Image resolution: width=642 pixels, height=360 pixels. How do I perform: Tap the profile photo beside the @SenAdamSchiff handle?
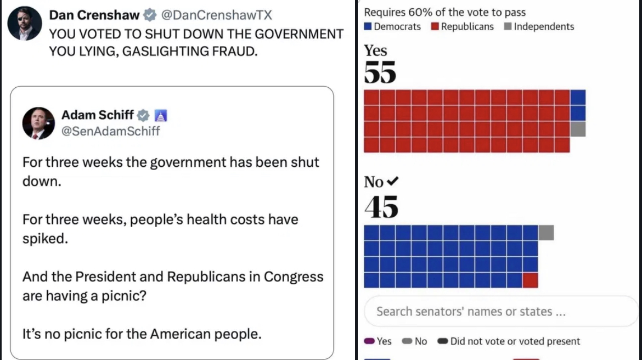tap(38, 123)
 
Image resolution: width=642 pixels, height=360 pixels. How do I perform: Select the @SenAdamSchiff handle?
tap(111, 131)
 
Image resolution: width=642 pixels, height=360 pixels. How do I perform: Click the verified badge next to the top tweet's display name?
tap(148, 15)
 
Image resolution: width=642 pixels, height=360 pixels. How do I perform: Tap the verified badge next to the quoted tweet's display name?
tap(143, 115)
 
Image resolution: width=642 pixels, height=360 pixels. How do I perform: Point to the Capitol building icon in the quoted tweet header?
tap(161, 115)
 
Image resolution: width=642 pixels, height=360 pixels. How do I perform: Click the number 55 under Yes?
tap(380, 73)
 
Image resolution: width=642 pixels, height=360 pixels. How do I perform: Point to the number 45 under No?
tap(381, 207)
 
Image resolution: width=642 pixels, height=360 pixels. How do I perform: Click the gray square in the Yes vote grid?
tap(578, 129)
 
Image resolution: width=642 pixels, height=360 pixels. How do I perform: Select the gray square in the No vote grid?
tap(546, 233)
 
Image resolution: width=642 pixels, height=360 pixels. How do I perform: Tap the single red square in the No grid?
tap(530, 280)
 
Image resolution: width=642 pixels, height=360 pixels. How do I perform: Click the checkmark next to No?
tap(392, 182)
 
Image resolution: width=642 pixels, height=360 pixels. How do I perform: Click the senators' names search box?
tap(500, 311)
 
